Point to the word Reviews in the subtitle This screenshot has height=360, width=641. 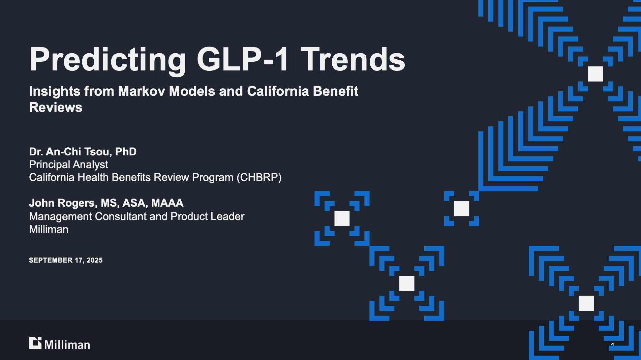(56, 108)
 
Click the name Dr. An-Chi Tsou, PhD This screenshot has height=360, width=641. (83, 152)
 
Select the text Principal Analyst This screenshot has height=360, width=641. (68, 164)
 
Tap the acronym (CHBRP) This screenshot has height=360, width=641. (259, 177)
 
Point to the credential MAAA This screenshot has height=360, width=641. (167, 203)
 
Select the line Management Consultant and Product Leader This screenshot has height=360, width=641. (136, 216)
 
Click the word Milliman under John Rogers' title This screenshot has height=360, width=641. (49, 229)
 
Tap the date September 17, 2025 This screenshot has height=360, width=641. (66, 260)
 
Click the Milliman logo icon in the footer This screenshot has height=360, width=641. (35, 343)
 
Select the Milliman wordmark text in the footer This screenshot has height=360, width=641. (67, 345)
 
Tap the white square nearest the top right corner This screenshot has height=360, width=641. (595, 74)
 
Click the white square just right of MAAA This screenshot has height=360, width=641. (342, 218)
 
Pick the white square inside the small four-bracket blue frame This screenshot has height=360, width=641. (461, 209)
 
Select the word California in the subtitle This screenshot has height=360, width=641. (278, 91)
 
